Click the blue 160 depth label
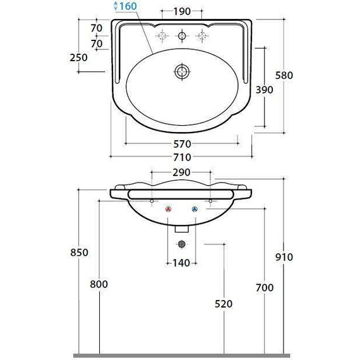click(x=128, y=6)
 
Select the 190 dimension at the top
click(x=182, y=11)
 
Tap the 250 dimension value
click(x=79, y=57)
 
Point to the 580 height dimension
click(x=284, y=75)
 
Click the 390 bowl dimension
click(x=265, y=90)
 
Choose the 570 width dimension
click(x=183, y=144)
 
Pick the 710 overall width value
click(x=183, y=157)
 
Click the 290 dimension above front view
click(x=181, y=172)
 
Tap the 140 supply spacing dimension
click(x=181, y=263)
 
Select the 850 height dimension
click(x=79, y=253)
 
